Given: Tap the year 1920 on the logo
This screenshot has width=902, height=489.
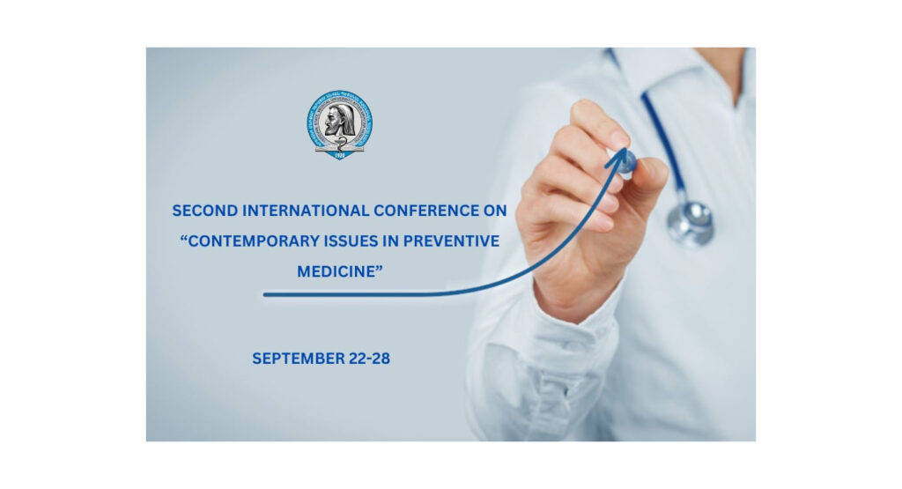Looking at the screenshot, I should [x=340, y=153].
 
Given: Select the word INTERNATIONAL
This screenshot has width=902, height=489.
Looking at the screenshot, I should [x=296, y=211].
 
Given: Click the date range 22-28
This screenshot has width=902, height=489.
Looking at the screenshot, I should [x=369, y=359].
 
